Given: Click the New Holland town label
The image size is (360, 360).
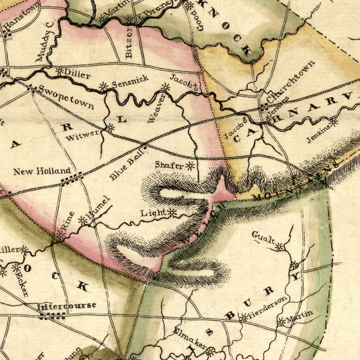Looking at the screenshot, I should click(x=42, y=171).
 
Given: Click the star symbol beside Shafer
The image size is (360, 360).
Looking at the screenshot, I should click(x=190, y=166).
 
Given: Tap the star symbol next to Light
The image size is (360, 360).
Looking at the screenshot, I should click(x=172, y=213).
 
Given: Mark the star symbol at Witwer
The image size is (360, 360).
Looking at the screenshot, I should click(x=109, y=127).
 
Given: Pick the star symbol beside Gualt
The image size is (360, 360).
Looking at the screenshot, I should click(x=279, y=247).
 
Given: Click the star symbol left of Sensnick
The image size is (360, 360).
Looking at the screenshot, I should click(x=104, y=86).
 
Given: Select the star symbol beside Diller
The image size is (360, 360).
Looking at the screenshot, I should click(x=59, y=72).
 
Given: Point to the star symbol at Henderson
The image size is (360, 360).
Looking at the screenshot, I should click(x=244, y=318).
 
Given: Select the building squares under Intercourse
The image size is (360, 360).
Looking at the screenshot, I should click(x=53, y=316).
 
